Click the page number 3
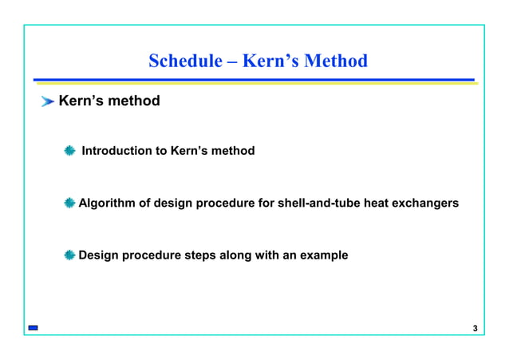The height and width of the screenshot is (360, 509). point(475,329)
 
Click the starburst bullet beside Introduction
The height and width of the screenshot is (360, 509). point(70,151)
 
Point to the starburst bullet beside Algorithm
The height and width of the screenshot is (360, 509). point(70,204)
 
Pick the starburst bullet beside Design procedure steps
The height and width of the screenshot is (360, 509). point(70,255)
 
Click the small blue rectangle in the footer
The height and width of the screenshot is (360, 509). point(32,328)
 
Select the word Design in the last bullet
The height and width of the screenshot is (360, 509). point(99,255)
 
